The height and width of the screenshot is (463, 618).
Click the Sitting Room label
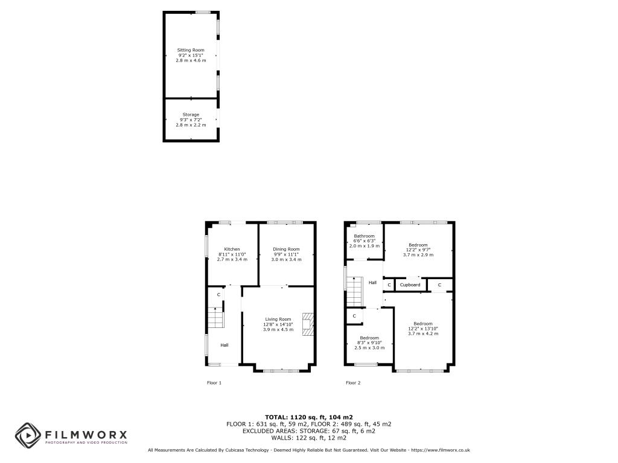191,50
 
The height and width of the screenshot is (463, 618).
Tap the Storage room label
191,115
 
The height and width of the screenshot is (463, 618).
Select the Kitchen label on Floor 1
232,249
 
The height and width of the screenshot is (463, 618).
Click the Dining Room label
286,249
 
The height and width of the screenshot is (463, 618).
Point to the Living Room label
278,320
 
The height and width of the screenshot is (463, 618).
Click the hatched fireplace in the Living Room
308,324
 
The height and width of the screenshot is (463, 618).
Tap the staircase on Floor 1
215,317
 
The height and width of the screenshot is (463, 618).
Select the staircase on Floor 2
354,291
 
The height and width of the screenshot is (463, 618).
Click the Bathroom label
364,236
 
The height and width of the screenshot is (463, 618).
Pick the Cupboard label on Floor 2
410,285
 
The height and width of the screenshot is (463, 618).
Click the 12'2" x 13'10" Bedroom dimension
423,329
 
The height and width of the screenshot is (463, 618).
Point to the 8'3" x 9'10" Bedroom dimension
369,343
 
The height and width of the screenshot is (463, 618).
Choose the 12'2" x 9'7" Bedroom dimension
418,250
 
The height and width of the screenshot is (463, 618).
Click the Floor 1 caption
214,383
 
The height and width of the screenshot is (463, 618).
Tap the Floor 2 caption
353,383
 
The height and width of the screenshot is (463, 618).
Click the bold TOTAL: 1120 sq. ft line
309,417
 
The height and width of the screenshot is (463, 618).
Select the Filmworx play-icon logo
28,435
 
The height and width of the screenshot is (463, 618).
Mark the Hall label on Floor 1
225,345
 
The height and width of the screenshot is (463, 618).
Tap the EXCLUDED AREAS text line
309,431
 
